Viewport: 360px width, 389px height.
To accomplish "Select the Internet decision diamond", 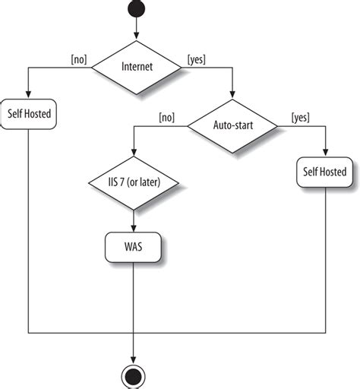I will click(x=136, y=67).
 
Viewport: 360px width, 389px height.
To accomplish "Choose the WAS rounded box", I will click(x=134, y=247).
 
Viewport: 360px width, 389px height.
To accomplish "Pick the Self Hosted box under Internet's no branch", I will click(x=28, y=114).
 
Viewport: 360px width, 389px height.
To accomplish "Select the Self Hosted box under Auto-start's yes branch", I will click(x=325, y=172).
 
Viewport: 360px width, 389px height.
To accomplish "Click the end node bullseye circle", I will click(x=134, y=375).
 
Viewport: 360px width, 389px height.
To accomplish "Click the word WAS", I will click(x=134, y=247).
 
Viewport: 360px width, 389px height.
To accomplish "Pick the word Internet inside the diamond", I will click(x=136, y=67).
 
